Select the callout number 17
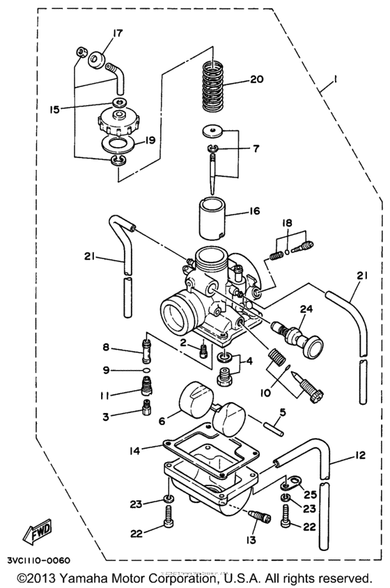[117, 33]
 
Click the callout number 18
[286, 222]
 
